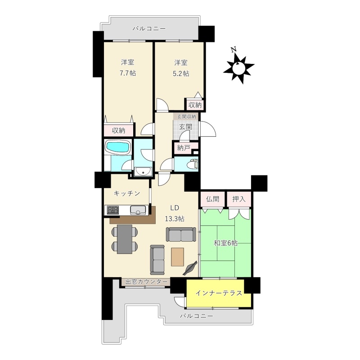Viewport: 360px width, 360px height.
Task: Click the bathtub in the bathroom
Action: (x=118, y=147)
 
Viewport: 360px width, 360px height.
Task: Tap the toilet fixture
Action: (x=193, y=163)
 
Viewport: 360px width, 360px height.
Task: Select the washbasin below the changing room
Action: (x=143, y=171)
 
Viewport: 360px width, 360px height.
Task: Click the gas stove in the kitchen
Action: (x=113, y=210)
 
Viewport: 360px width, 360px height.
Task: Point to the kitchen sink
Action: (x=138, y=210)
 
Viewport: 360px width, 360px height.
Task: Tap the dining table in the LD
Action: (x=125, y=239)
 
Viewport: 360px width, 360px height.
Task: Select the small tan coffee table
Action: (x=177, y=256)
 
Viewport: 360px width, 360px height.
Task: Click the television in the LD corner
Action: (x=190, y=268)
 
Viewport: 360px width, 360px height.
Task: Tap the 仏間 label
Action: (x=212, y=199)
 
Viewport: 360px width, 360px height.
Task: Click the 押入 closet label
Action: (x=239, y=199)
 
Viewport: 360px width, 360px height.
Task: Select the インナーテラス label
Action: (x=219, y=293)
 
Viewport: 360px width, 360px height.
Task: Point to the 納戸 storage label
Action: (x=184, y=148)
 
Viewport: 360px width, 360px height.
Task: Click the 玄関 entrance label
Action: (x=185, y=127)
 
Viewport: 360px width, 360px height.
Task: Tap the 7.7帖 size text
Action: (x=128, y=73)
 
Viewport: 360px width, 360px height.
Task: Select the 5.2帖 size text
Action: (x=181, y=73)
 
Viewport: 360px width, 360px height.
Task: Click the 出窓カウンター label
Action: (x=147, y=282)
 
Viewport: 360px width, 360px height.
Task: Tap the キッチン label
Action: (x=127, y=193)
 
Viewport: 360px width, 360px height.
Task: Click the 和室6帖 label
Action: (x=226, y=243)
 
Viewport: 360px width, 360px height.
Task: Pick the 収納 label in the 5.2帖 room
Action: (x=195, y=105)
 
